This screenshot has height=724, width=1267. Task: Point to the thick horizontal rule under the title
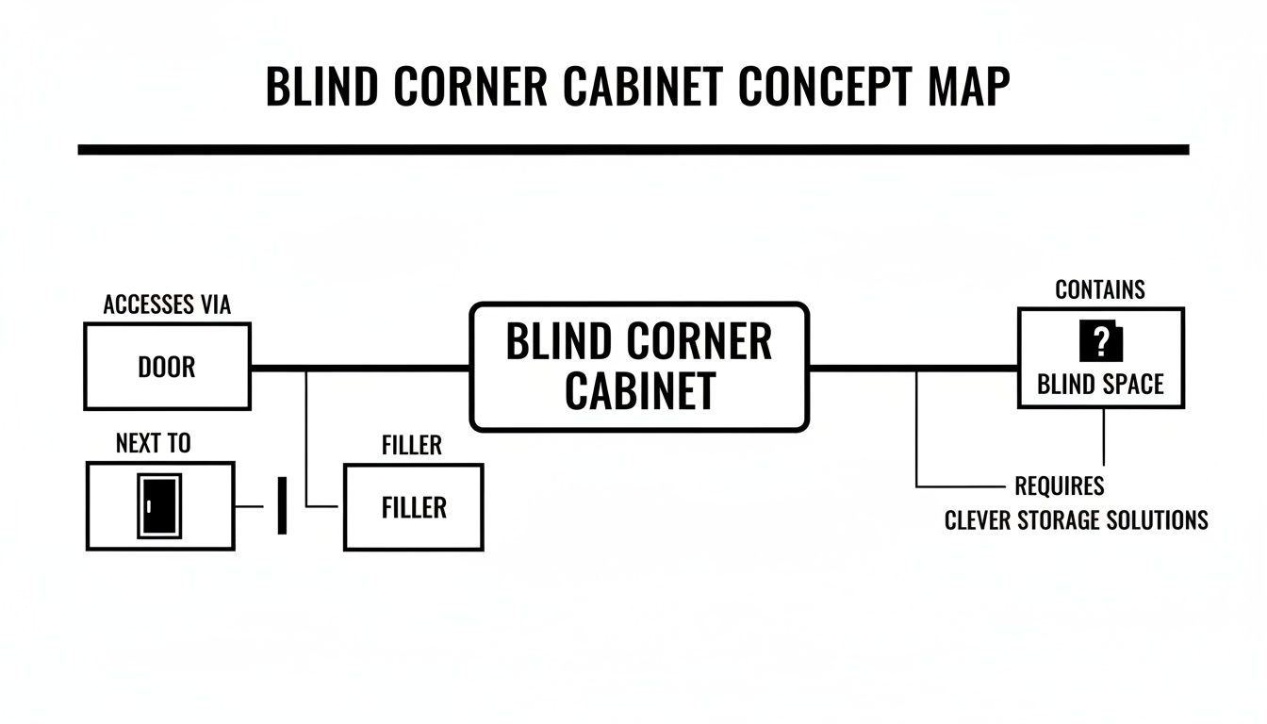pyautogui.click(x=633, y=149)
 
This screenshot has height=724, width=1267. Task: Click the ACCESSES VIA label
pyautogui.click(x=167, y=304)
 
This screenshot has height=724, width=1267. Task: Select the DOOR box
pyautogui.click(x=167, y=367)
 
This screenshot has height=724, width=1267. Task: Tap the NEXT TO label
pyautogui.click(x=153, y=443)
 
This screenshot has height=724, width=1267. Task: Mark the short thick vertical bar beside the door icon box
pyautogui.click(x=281, y=505)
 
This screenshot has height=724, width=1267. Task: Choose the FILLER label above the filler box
pyautogui.click(x=412, y=445)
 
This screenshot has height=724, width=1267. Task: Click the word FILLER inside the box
pyautogui.click(x=414, y=507)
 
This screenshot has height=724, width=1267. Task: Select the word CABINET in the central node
pyautogui.click(x=639, y=391)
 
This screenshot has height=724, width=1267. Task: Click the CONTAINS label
pyautogui.click(x=1100, y=289)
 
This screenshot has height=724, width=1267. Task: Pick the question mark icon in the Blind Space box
pyautogui.click(x=1100, y=342)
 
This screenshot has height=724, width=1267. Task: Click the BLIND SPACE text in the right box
pyautogui.click(x=1100, y=384)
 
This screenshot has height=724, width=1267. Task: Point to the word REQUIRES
pyautogui.click(x=1059, y=486)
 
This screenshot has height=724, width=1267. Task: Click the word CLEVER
pyautogui.click(x=981, y=519)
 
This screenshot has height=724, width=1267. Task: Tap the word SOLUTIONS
pyautogui.click(x=1161, y=519)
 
